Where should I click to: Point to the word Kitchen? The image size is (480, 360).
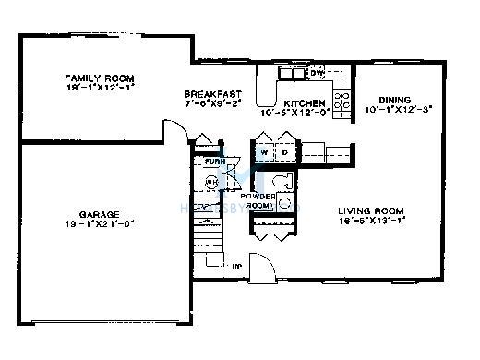coord(304,103)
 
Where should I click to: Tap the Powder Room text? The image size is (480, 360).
coord(258,201)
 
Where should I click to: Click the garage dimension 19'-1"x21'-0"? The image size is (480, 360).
coord(99,224)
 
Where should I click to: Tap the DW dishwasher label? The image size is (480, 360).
coord(317,71)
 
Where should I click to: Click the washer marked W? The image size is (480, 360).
coord(264,150)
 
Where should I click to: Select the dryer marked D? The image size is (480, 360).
coord(284,150)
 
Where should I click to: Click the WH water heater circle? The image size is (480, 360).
coord(211,182)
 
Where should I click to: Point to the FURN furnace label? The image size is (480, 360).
coord(214,162)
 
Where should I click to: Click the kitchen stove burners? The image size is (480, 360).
coord(343,101)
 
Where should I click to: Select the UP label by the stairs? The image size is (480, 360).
coord(237,267)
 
